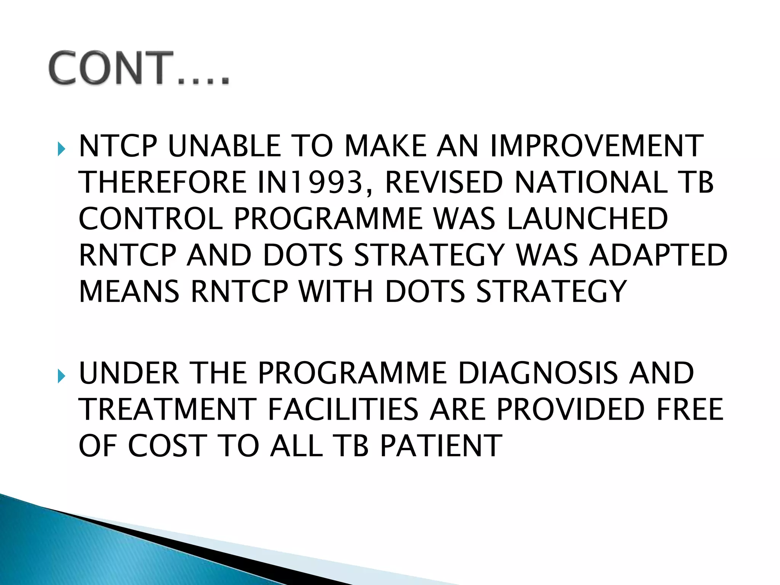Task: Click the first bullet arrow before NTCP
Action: click(62, 149)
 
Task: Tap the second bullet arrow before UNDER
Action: click(62, 376)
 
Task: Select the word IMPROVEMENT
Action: click(597, 146)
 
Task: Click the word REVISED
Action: click(444, 182)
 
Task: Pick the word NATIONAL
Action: click(591, 182)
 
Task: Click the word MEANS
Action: click(129, 292)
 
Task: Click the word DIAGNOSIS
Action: click(538, 373)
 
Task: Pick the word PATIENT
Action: click(441, 446)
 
